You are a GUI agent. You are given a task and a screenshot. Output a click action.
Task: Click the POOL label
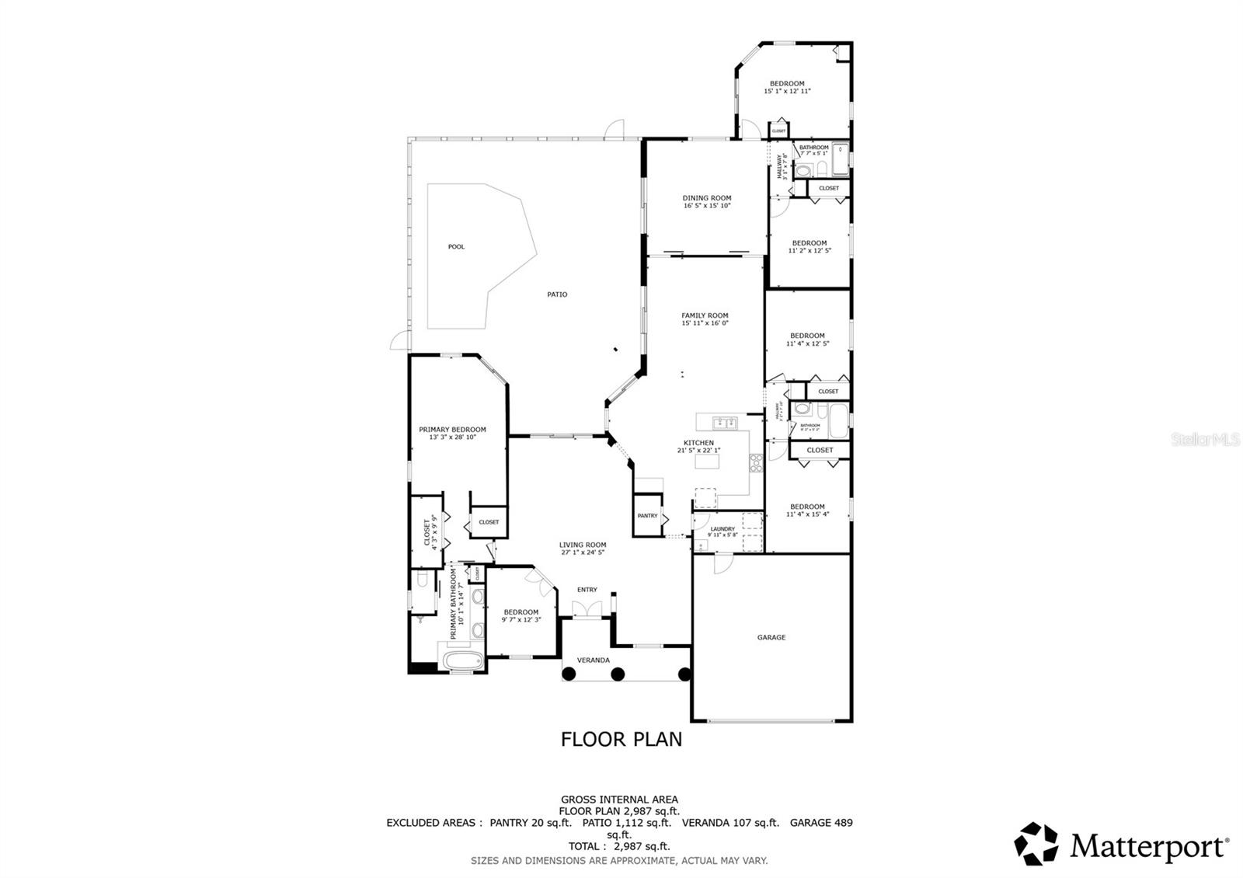(456, 247)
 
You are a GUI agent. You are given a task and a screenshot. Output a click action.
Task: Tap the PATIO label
(557, 294)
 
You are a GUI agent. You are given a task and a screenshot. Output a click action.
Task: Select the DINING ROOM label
(707, 198)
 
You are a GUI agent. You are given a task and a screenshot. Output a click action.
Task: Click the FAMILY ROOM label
(705, 316)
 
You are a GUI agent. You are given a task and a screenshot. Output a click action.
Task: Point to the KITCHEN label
(698, 443)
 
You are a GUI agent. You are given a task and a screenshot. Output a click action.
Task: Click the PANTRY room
(647, 516)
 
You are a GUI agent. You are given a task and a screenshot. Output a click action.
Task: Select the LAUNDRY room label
(722, 529)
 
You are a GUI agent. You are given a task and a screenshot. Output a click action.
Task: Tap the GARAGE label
(771, 637)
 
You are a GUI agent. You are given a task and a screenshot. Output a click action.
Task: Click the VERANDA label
(593, 660)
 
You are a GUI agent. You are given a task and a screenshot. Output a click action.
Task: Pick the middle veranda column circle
(618, 674)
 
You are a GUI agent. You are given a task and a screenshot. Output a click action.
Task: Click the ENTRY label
(587, 590)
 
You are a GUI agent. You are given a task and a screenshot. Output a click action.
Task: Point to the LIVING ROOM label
(583, 545)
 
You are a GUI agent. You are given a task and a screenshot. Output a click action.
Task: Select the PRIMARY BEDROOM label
(452, 430)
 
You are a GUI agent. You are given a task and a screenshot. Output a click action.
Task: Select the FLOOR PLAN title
(621, 739)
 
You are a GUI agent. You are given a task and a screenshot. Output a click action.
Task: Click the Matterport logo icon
(1037, 844)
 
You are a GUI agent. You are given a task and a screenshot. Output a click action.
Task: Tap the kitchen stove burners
(755, 463)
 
